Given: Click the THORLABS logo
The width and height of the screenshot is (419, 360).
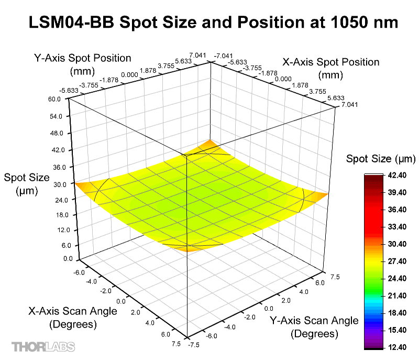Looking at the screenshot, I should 43,346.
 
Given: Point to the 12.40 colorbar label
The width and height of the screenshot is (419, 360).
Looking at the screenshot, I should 396,347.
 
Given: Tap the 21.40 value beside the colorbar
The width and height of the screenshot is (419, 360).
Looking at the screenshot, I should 396,296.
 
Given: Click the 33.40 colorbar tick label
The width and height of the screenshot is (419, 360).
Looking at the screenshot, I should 396,227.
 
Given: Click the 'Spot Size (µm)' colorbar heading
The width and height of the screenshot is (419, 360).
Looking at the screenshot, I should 381,159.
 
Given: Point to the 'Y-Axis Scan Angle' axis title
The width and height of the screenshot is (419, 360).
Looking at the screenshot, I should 314,320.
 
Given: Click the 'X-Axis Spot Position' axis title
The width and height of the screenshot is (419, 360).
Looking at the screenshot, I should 331,62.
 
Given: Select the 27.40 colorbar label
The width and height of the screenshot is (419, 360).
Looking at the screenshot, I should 396,261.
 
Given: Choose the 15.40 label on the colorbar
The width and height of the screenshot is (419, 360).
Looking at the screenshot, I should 396,330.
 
